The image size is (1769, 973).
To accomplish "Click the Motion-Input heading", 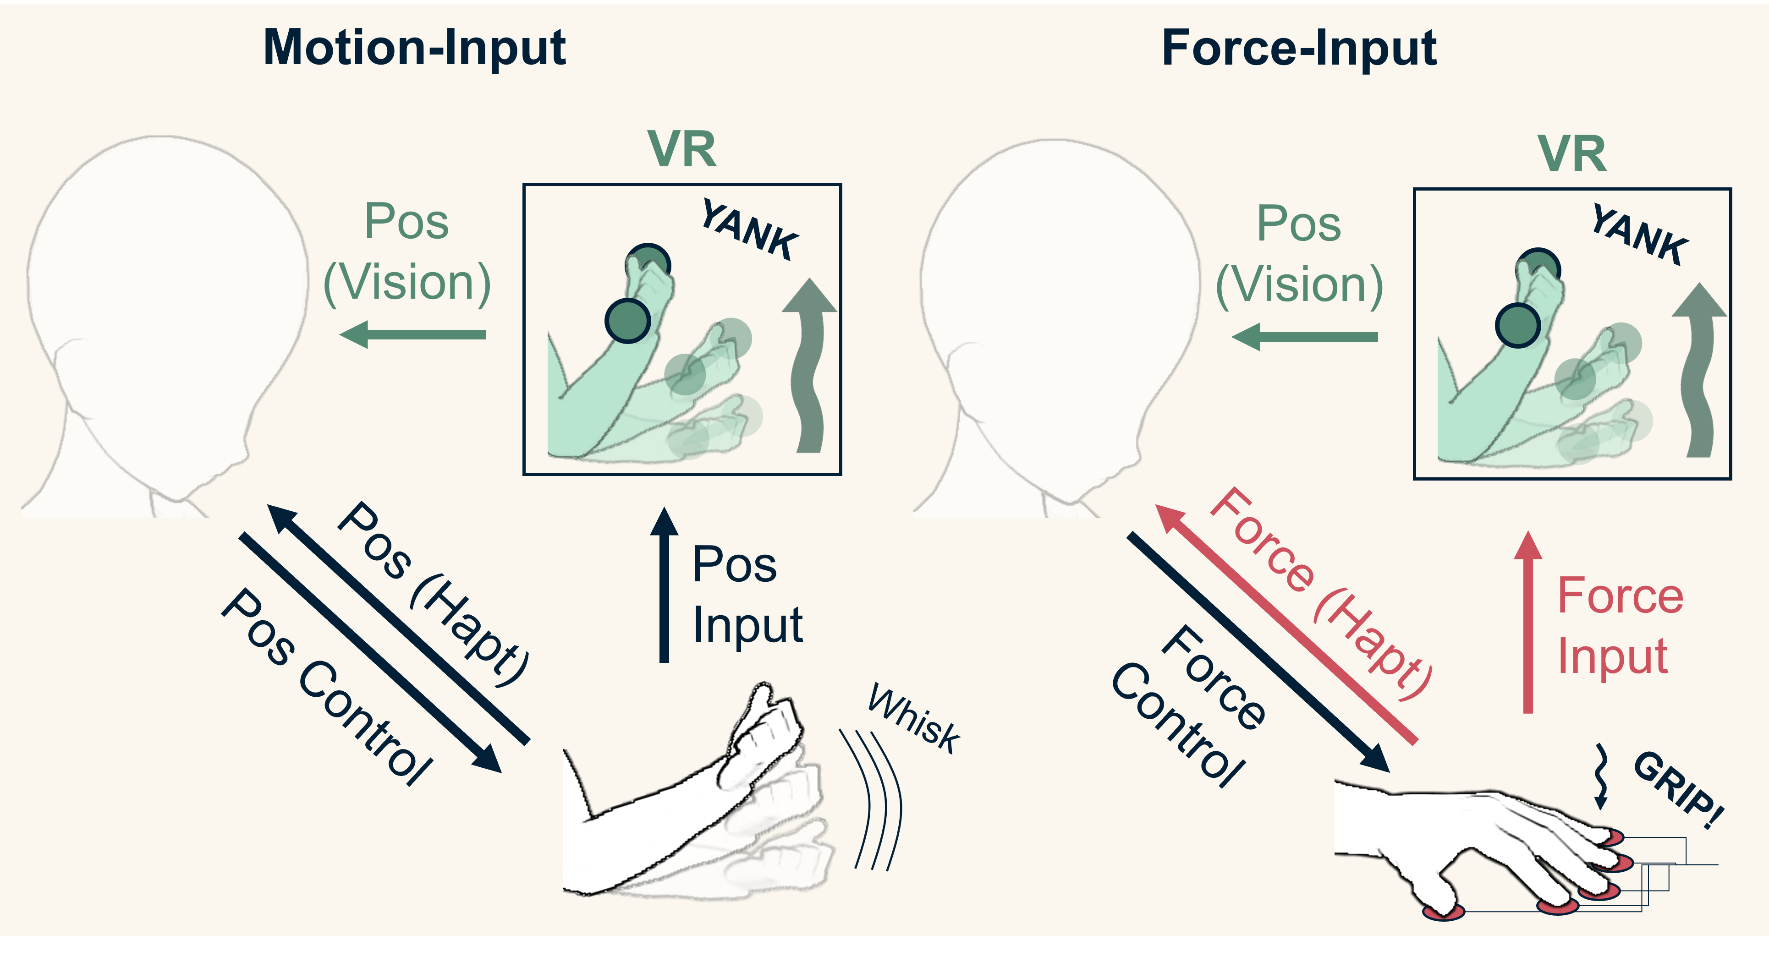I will coord(415,48).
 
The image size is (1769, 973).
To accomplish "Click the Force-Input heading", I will coord(1299,48).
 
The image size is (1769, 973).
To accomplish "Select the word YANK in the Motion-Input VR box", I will coord(749,230).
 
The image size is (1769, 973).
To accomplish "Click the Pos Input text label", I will coord(747,594).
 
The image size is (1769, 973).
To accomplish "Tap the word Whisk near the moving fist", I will coord(914,719).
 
